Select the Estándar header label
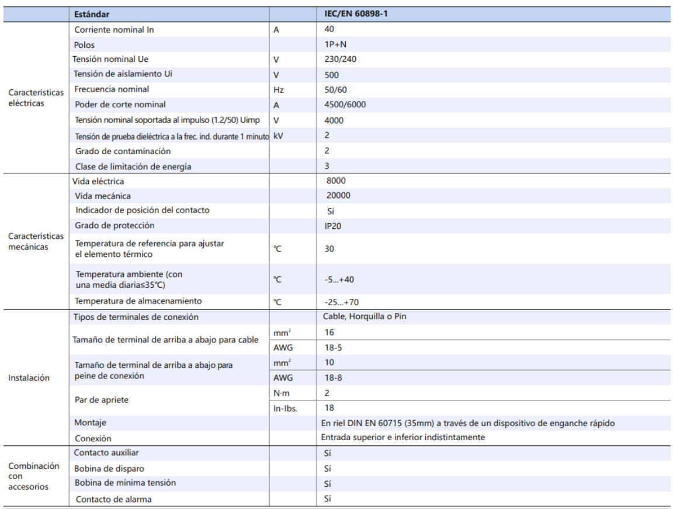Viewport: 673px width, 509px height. click(92, 13)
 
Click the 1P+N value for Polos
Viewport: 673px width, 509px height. click(334, 44)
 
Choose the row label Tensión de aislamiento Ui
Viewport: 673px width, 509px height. click(123, 74)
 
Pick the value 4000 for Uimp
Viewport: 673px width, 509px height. click(334, 120)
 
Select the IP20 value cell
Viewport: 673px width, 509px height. click(332, 225)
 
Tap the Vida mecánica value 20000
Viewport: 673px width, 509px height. click(339, 196)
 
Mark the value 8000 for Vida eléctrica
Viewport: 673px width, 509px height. click(336, 181)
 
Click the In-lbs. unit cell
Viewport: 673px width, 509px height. click(285, 408)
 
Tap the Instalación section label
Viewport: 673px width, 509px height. click(29, 378)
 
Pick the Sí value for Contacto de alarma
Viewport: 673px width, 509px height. click(327, 499)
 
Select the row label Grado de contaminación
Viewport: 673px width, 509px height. click(123, 151)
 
